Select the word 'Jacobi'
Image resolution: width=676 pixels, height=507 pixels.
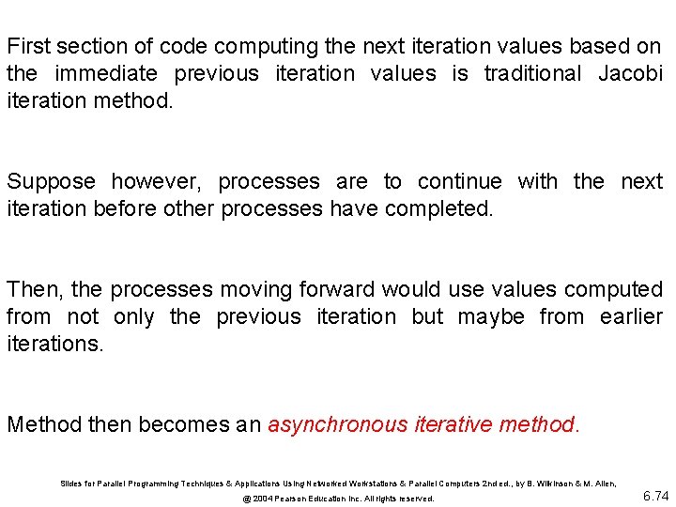[631, 73]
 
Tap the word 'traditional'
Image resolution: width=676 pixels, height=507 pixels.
[534, 73]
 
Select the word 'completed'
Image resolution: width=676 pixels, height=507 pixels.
[438, 208]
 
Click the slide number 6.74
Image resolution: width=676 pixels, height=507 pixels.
[655, 496]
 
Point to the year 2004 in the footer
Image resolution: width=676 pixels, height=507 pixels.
[269, 499]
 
